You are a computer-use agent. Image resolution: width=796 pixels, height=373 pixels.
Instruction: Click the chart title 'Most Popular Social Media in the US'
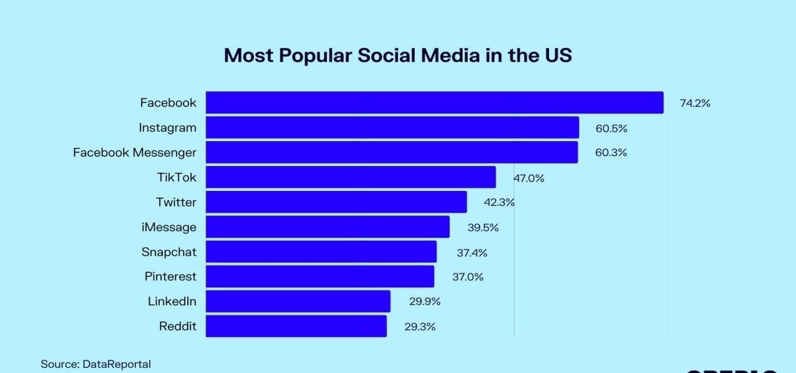[x=397, y=55]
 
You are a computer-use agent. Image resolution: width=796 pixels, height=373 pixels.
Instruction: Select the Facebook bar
[x=434, y=103]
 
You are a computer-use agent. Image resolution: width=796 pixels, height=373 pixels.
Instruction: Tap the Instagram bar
[x=392, y=127]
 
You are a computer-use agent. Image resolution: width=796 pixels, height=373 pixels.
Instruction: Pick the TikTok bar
[x=350, y=177]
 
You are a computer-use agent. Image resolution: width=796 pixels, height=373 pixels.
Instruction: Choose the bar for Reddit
[x=296, y=326]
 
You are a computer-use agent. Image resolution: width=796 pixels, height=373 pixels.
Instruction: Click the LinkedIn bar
[x=298, y=302]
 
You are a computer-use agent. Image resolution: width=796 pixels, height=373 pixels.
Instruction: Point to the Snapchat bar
[x=321, y=252]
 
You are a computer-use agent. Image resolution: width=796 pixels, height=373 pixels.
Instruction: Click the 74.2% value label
[x=695, y=103]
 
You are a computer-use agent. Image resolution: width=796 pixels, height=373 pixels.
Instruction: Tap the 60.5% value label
[x=611, y=128]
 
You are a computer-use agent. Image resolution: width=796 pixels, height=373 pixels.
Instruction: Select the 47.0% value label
[x=529, y=178]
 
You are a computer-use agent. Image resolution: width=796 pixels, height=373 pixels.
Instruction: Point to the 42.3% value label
[x=499, y=203]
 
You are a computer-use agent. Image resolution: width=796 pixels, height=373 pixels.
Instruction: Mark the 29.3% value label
[x=420, y=327]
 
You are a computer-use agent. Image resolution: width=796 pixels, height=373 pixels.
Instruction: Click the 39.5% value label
[x=483, y=228]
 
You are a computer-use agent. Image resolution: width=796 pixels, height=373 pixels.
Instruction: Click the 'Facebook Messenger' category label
[x=134, y=152]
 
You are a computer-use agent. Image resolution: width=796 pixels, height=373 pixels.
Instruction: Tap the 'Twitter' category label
[x=176, y=202]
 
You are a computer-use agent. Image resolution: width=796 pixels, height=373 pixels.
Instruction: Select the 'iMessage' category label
[x=169, y=227]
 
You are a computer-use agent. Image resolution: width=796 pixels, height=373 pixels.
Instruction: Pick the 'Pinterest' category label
[x=170, y=277]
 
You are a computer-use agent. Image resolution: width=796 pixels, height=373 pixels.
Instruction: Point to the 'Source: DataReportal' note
[x=96, y=364]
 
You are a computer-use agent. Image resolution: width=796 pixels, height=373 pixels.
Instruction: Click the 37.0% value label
[x=468, y=277]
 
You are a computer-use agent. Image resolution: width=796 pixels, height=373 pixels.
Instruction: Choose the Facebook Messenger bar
[x=391, y=152]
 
